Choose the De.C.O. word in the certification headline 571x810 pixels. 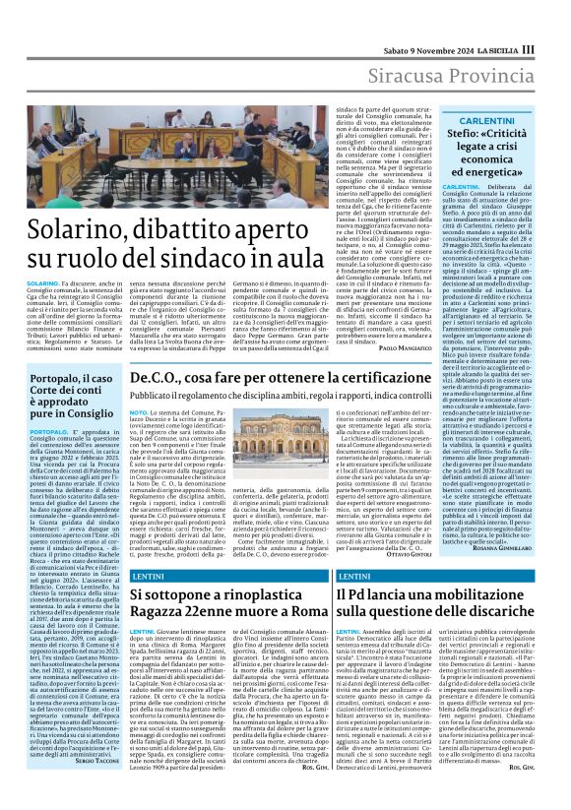(x=158, y=379)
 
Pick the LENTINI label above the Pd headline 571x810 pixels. (x=354, y=574)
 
